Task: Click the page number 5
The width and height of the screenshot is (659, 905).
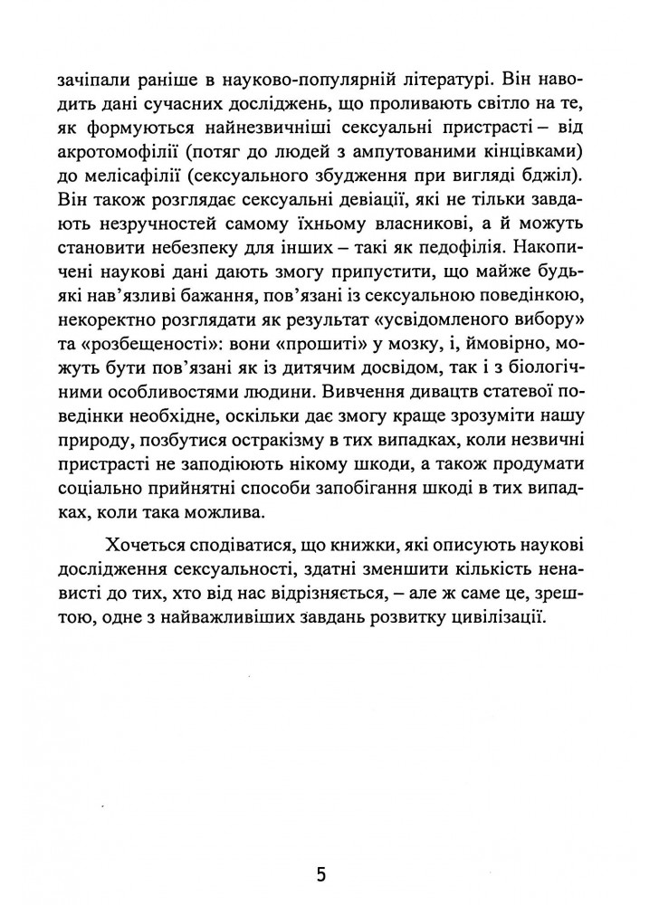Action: pos(321,875)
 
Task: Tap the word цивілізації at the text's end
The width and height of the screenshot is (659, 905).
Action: pos(493,619)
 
